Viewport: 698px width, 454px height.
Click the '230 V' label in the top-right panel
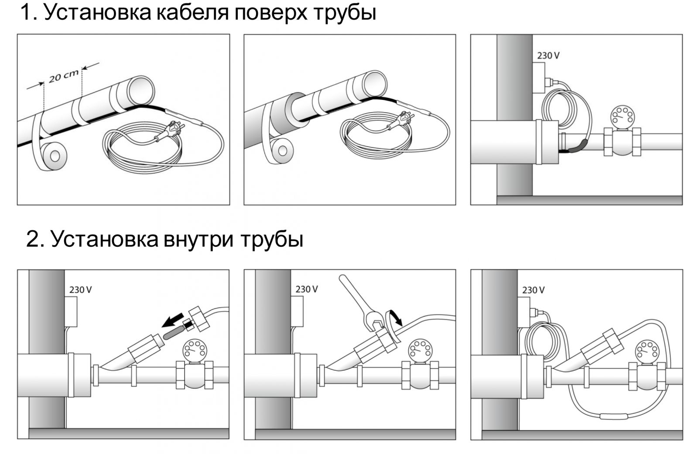548,56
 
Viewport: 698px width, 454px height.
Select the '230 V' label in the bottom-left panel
81,290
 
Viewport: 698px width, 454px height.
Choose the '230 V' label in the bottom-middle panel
307,290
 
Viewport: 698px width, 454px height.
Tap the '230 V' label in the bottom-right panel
533,290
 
